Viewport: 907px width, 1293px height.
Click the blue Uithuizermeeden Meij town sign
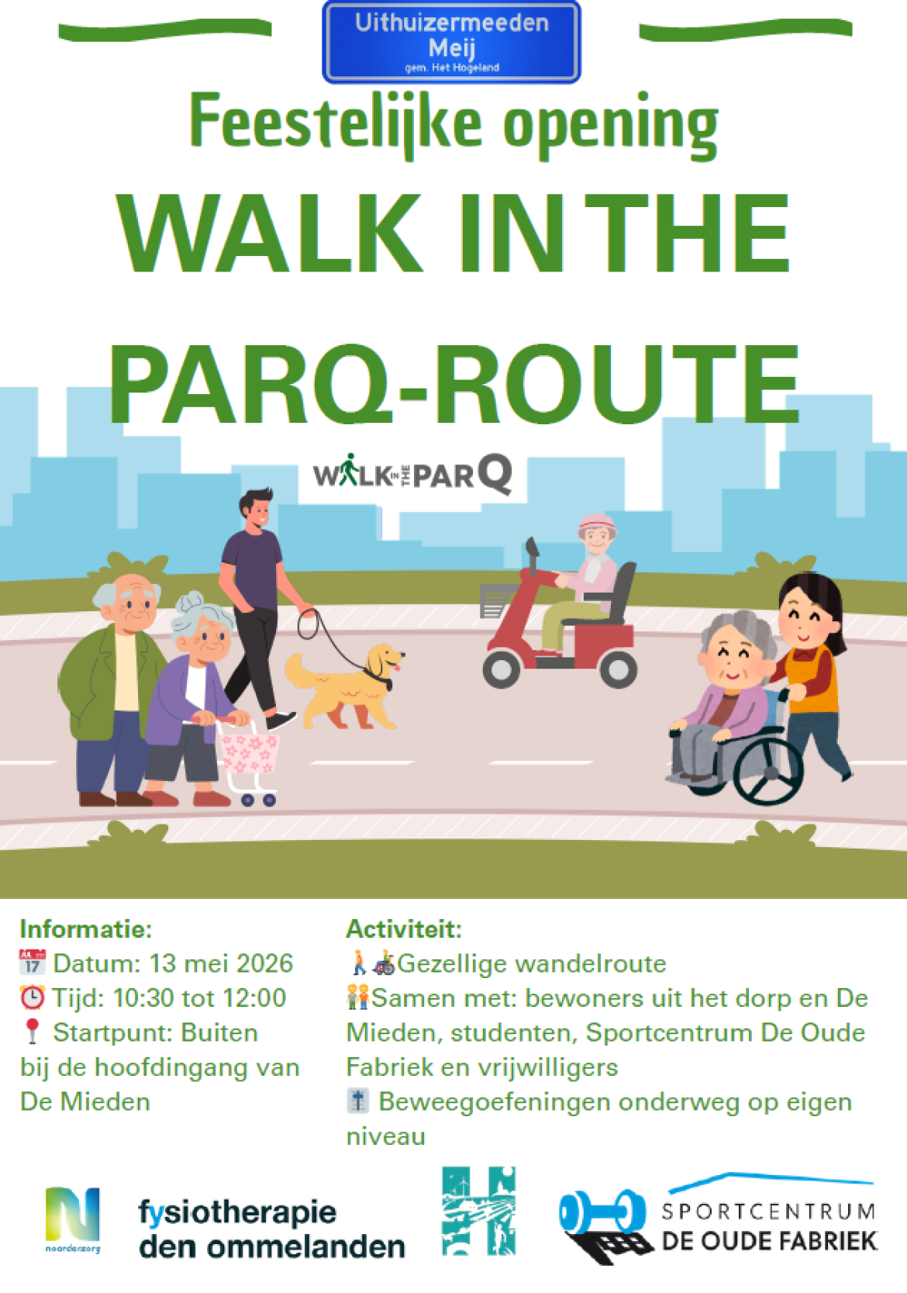tap(451, 43)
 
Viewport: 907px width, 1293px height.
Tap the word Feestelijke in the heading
tap(335, 123)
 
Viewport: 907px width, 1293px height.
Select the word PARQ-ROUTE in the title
tap(454, 385)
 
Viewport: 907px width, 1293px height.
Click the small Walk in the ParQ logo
tap(412, 474)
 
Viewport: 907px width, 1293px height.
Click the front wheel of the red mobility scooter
tap(501, 669)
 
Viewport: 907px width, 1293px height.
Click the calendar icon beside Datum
tap(33, 963)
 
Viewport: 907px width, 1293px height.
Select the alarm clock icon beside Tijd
tap(33, 997)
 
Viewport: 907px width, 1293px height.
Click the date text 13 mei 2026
tap(221, 963)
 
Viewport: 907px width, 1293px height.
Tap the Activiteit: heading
tap(404, 929)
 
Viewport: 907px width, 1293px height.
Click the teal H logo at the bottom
tap(479, 1211)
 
